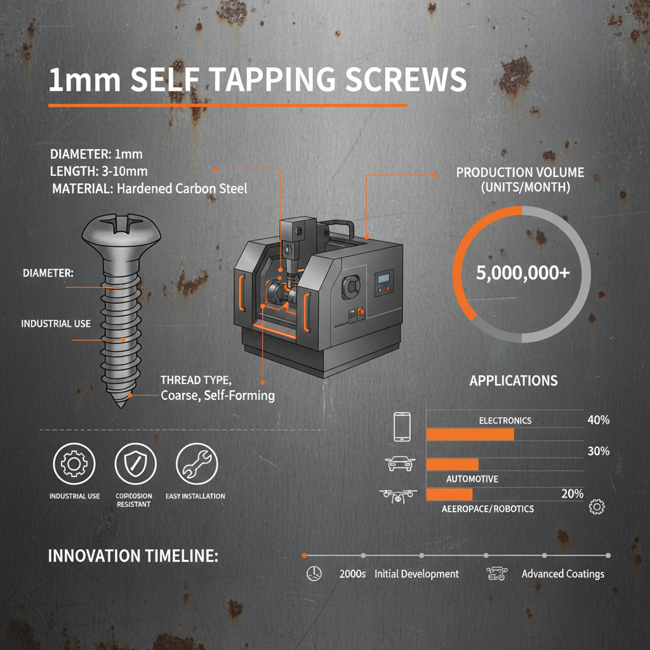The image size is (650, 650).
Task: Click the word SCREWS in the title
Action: point(411,81)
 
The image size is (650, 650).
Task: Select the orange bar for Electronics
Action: point(470,434)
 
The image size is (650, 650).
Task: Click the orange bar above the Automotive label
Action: point(452,464)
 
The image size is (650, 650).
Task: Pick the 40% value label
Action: point(599,420)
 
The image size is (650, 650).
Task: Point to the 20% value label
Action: point(572,494)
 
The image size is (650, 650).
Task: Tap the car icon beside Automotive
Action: point(401,464)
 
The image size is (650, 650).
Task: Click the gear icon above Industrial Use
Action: point(75,463)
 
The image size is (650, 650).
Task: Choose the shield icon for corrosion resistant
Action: point(135,463)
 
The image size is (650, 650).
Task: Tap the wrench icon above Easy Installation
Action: point(196,463)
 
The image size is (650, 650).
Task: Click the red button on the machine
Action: point(362,311)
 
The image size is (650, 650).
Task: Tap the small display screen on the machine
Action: point(383,279)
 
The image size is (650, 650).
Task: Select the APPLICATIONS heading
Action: point(513,381)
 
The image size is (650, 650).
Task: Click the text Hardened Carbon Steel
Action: point(182,189)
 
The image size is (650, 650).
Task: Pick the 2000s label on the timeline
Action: point(353,574)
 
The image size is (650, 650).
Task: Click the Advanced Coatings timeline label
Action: point(562,574)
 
